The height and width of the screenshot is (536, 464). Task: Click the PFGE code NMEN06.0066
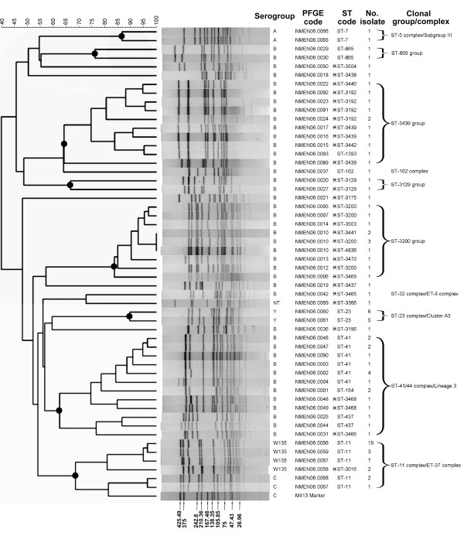(x=306, y=30)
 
